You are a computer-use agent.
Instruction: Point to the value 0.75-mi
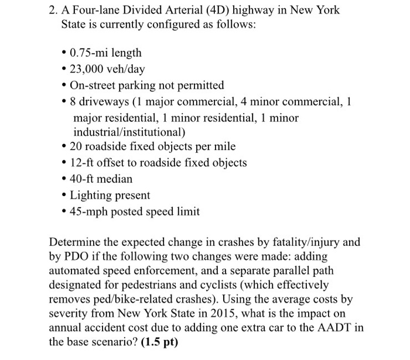point(87,53)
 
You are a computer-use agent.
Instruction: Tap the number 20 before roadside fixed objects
point(76,146)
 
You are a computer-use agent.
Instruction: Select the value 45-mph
point(90,211)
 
